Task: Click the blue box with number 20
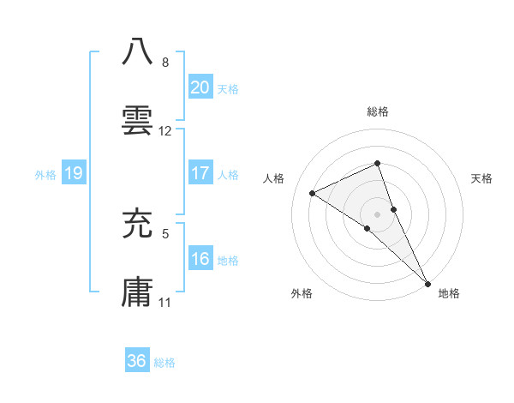click(200, 87)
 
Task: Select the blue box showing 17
click(200, 173)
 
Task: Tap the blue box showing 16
click(200, 259)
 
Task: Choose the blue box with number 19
click(73, 173)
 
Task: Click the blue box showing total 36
click(137, 361)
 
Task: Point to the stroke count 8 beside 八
click(164, 63)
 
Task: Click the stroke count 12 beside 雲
click(165, 131)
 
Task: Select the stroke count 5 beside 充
click(164, 232)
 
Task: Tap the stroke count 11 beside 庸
click(165, 303)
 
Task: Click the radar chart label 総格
click(378, 111)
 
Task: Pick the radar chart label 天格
click(482, 178)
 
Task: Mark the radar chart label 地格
click(449, 294)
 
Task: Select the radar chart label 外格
click(302, 294)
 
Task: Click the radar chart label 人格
click(274, 178)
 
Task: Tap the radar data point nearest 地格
click(427, 281)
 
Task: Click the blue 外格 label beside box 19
click(45, 174)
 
